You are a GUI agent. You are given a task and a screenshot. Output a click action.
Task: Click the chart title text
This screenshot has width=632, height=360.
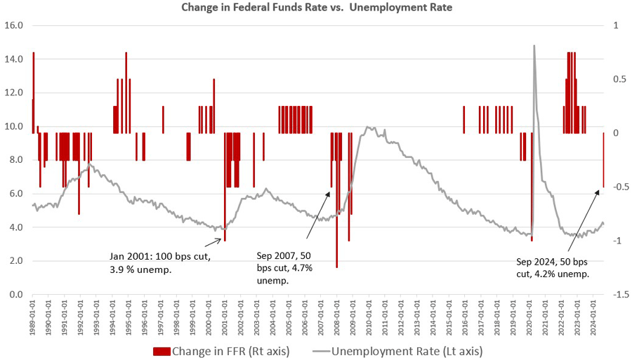[x=315, y=8]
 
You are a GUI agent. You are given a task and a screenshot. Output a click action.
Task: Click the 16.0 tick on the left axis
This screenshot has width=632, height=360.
[x=15, y=25]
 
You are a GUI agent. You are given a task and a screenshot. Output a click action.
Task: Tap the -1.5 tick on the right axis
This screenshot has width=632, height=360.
[x=620, y=295]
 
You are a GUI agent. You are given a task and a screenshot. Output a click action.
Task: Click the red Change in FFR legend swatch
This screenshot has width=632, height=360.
[x=161, y=349]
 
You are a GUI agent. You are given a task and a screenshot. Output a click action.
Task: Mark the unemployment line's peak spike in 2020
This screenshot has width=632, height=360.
[x=535, y=46]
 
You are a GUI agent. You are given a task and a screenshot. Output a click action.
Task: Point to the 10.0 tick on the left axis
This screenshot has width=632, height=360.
[x=15, y=126]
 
